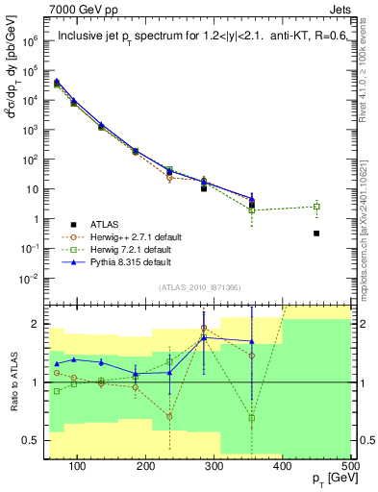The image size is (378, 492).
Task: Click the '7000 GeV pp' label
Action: (80, 12)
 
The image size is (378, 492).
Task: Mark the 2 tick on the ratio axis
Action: (37, 324)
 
